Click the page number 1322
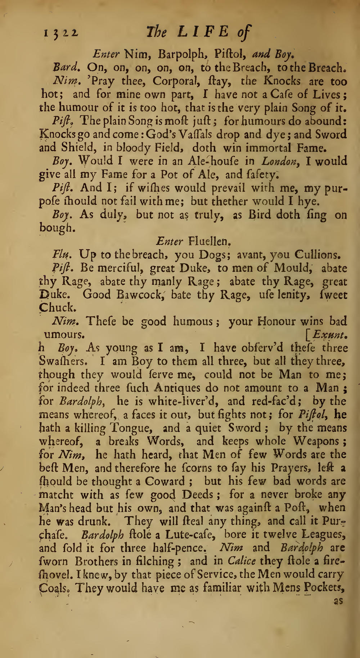[x=61, y=33]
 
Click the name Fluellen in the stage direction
[x=213, y=241]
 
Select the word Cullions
[x=317, y=255]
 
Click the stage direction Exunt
[x=328, y=335]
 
